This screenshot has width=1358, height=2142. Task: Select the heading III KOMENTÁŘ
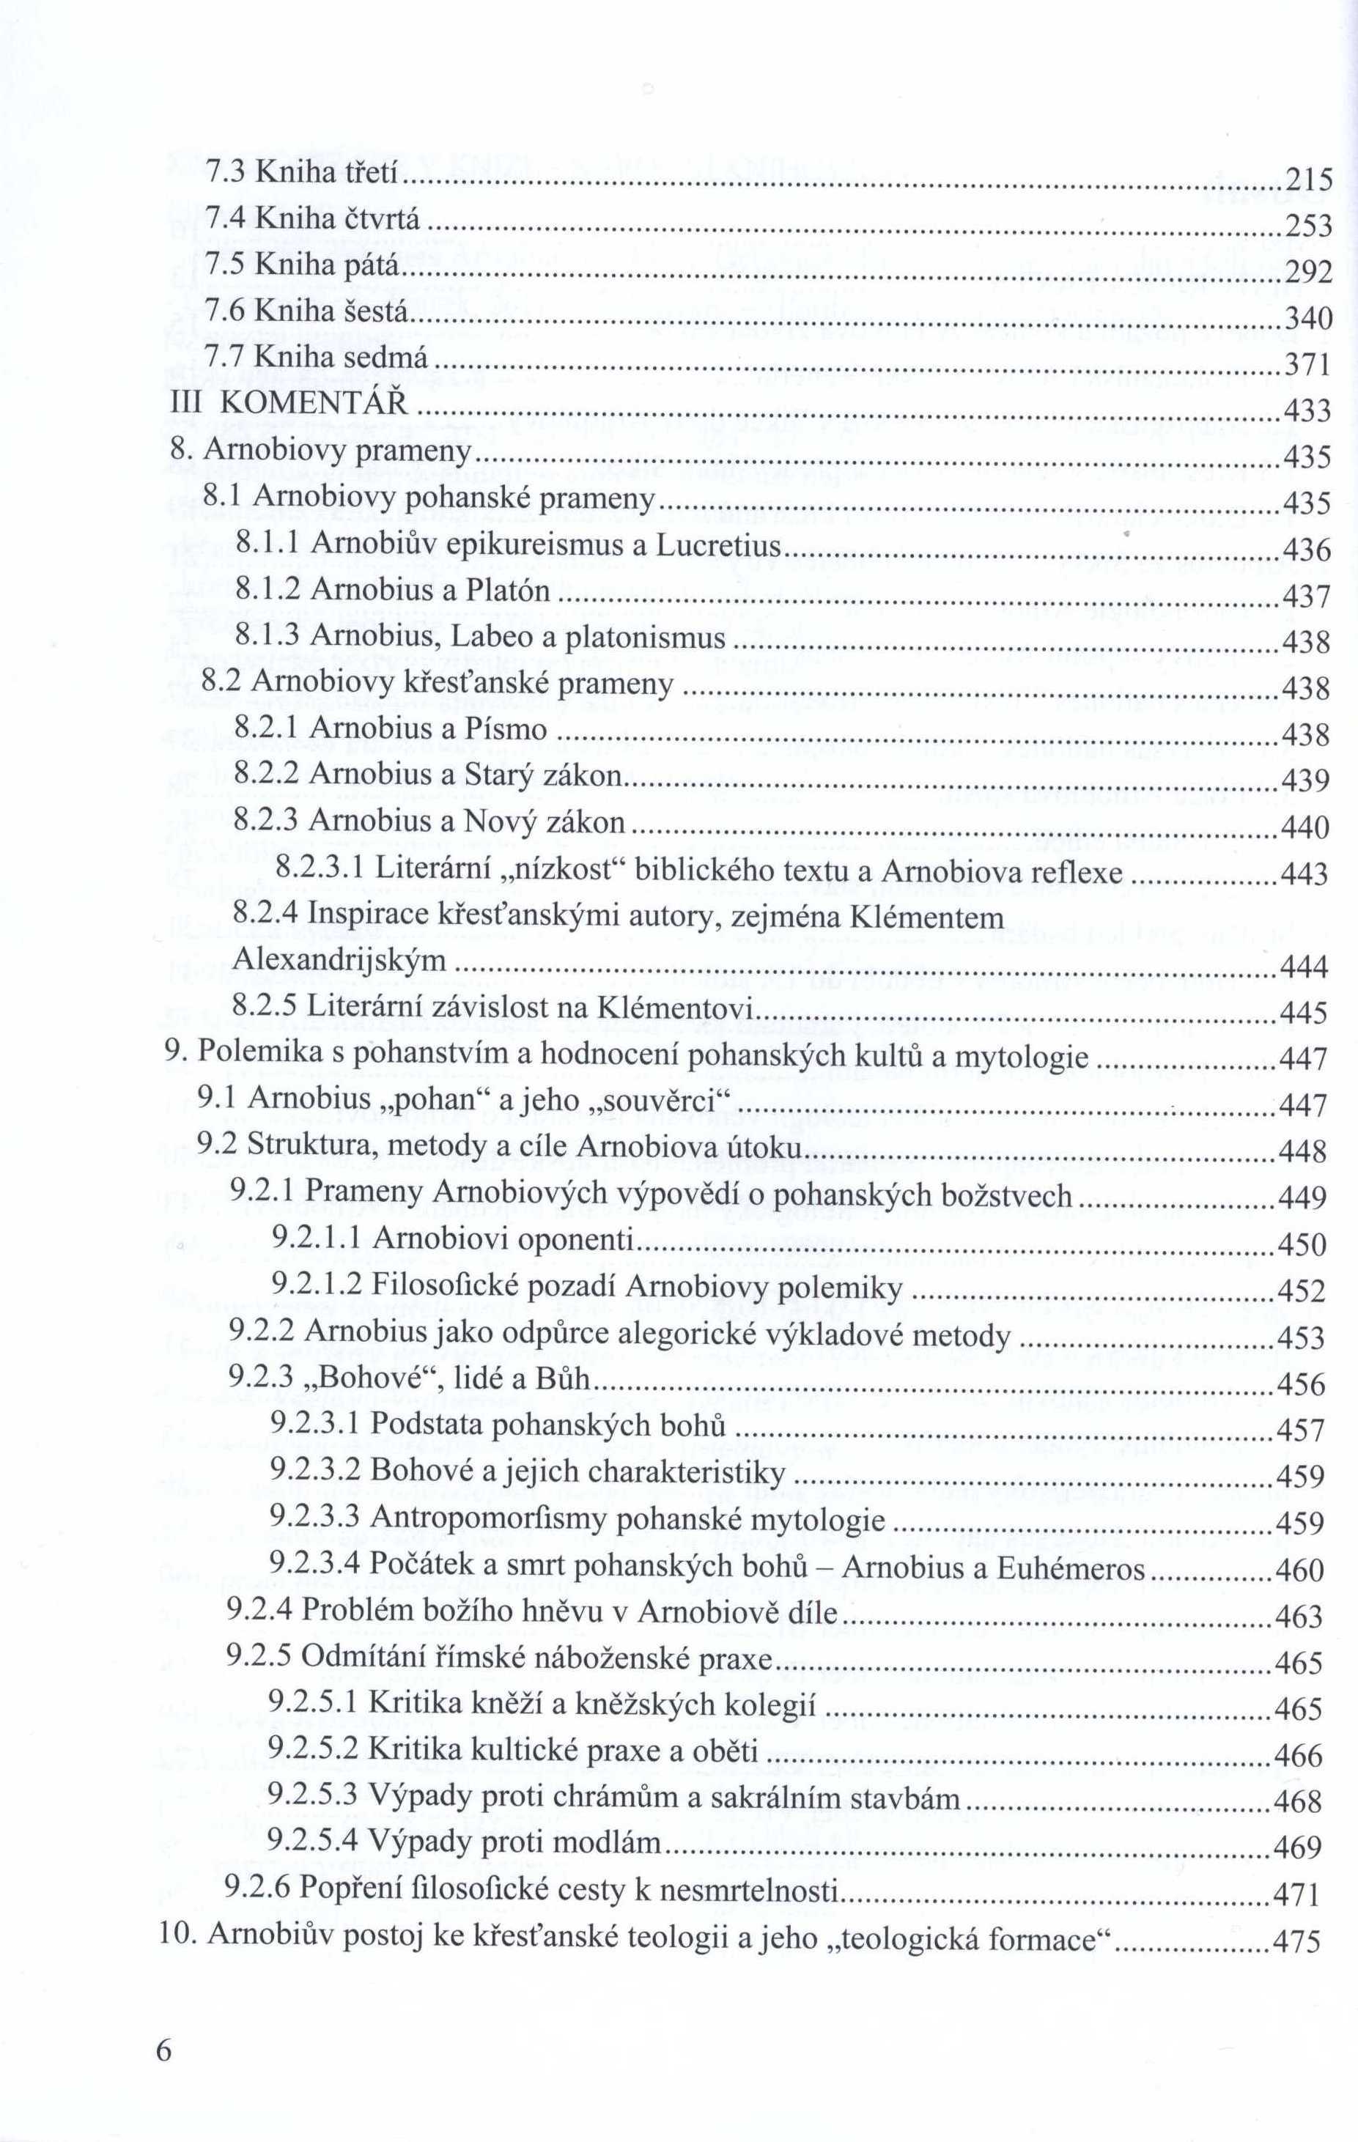coord(289,404)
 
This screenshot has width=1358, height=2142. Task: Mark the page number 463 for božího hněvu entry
coord(1299,1615)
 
